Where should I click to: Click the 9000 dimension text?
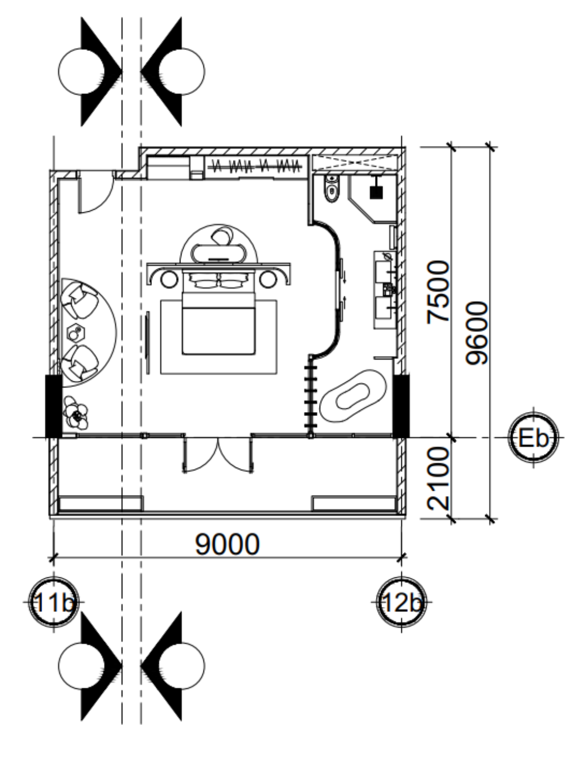228,545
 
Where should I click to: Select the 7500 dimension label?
438,292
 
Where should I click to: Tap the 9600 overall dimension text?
476,333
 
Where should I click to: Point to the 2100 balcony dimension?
438,479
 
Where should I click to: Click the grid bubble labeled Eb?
533,438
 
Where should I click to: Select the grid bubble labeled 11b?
54,602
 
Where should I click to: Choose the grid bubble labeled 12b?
401,602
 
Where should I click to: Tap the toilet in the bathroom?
332,188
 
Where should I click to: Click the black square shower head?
376,193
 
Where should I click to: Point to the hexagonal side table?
76,333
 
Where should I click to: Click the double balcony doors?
218,454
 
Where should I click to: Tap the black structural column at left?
54,406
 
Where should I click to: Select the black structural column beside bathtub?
401,406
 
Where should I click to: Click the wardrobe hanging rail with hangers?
254,165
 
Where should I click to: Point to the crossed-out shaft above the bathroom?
355,163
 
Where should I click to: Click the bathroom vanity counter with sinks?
385,290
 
